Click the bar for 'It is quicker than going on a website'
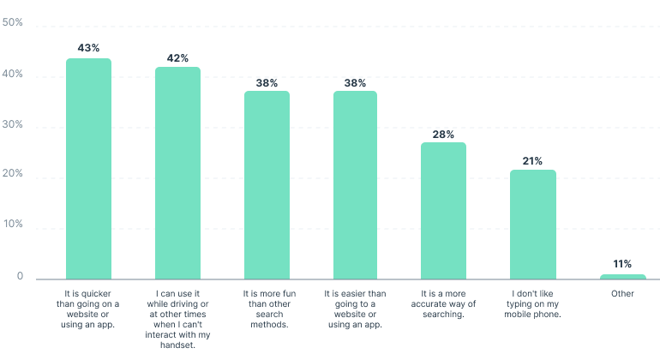[x=88, y=168]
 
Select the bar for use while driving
[x=177, y=172]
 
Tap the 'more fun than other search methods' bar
[x=267, y=184]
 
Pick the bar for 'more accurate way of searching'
[x=443, y=210]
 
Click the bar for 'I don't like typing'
[x=533, y=224]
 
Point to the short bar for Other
[x=622, y=276]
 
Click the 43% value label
[x=89, y=48]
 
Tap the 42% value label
[x=178, y=57]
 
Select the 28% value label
[x=444, y=134]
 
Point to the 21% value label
[x=533, y=160]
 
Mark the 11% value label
[x=622, y=264]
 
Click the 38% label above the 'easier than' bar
[x=356, y=83]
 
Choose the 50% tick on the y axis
[x=13, y=23]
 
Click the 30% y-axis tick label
[x=13, y=125]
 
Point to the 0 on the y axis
[x=19, y=277]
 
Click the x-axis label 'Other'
[x=622, y=293]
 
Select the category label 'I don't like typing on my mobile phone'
[x=533, y=304]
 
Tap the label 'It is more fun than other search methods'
[x=267, y=309]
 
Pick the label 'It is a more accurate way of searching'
[x=443, y=304]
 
